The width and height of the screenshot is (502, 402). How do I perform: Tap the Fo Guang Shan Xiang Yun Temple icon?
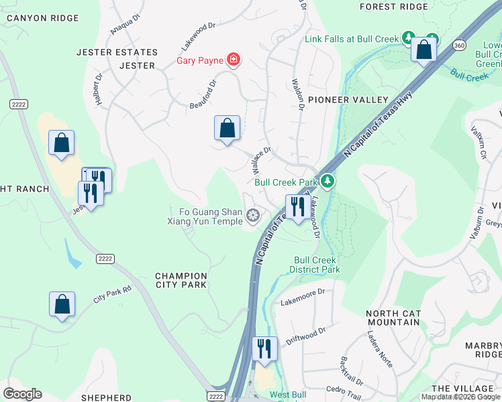pos(253,215)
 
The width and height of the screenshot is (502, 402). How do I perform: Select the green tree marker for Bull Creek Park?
pos(327,181)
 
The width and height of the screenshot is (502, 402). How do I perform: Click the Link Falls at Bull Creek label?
pos(352,40)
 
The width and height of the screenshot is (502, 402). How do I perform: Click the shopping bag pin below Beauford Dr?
pos(227,128)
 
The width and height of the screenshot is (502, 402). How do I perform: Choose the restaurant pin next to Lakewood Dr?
pos(295,207)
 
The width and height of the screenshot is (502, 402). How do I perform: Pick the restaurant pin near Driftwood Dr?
pos(264,349)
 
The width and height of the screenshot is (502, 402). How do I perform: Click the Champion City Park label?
pos(181,280)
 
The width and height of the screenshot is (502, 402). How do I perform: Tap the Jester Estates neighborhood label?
pos(117,52)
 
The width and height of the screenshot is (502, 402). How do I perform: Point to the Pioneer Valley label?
pos(348,100)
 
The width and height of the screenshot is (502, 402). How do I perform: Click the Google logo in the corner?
pos(22,394)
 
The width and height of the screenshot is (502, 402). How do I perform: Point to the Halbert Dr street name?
pos(99,89)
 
